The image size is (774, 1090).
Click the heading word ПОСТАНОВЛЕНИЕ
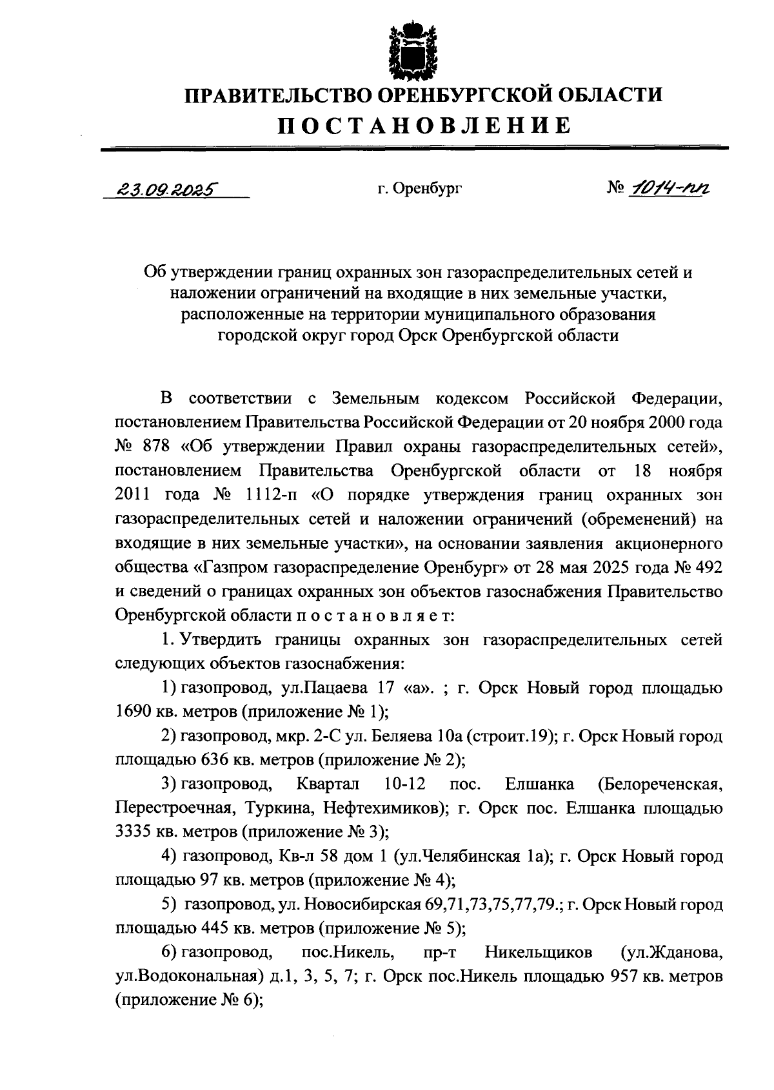pos(424,125)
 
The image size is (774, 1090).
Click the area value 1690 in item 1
pos(134,711)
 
